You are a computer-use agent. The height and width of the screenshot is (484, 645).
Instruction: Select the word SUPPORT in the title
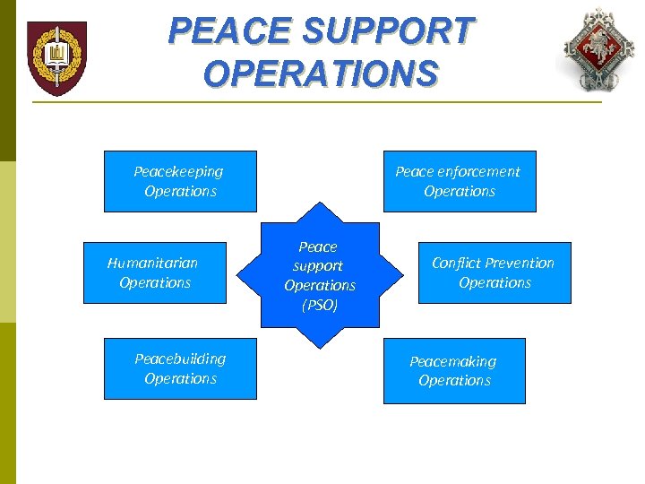coord(385,31)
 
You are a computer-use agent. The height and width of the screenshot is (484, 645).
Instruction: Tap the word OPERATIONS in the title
coord(321,73)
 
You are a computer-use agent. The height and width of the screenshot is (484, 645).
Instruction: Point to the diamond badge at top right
coord(598,49)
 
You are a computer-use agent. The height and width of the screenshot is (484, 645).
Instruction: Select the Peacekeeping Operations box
coord(180,181)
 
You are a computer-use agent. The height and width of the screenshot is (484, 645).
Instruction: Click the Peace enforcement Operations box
coord(460,181)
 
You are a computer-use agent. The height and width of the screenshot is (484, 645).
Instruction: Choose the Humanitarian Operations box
coord(155,272)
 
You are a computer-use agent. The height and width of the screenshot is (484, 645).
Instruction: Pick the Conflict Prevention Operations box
coord(494,272)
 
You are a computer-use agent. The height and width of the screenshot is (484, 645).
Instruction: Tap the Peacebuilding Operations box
coord(180,368)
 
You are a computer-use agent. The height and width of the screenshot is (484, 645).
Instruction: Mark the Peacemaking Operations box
coord(454,370)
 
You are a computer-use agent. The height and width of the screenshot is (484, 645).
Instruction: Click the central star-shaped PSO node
coord(320,275)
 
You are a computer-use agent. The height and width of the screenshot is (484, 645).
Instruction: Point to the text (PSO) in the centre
coord(320,306)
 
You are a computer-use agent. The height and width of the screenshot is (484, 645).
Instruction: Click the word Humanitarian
coord(152,263)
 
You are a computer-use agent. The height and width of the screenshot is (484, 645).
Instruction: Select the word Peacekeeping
coord(178,171)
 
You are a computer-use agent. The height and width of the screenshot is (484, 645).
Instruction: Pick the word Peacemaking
coord(452,361)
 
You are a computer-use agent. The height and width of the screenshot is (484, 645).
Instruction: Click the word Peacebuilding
coord(180,359)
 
